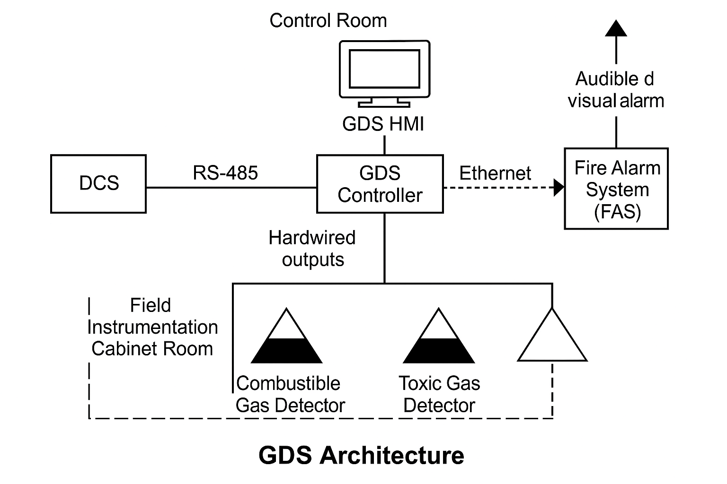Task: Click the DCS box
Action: click(98, 184)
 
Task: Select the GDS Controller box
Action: click(380, 184)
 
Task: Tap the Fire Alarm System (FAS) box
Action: click(616, 189)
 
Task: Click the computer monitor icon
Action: click(384, 73)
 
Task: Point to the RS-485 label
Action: click(225, 173)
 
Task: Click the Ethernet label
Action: click(495, 173)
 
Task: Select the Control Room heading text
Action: click(328, 21)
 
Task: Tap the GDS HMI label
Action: click(383, 124)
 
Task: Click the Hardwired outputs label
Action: click(312, 249)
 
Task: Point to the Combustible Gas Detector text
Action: click(290, 394)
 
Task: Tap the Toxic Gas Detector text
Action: click(439, 394)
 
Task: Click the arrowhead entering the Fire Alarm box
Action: click(559, 188)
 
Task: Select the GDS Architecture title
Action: click(361, 455)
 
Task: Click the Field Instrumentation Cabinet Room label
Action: click(152, 327)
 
